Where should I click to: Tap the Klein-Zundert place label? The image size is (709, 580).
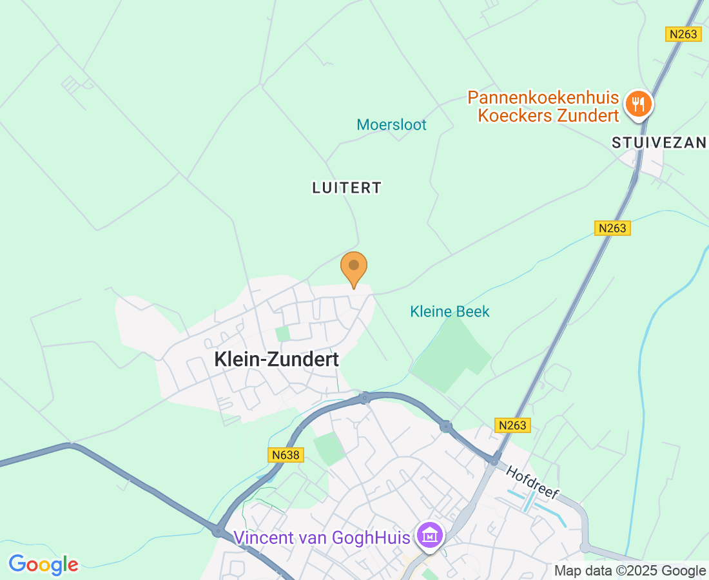click(x=277, y=360)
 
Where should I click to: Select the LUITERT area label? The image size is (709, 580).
click(x=347, y=188)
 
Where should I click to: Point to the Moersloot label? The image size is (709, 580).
click(x=392, y=125)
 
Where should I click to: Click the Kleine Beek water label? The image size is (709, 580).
click(x=450, y=312)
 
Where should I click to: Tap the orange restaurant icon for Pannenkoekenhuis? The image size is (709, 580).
click(x=639, y=103)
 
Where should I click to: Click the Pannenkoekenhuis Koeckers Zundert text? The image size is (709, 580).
click(x=543, y=107)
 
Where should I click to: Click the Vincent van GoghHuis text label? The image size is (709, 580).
click(x=322, y=537)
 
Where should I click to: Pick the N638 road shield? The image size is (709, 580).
click(x=286, y=455)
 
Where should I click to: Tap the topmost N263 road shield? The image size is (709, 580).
click(x=683, y=34)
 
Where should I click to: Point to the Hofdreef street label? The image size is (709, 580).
click(x=532, y=483)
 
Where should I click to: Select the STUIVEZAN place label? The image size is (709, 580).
click(x=659, y=143)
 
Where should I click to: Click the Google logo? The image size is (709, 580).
click(x=44, y=565)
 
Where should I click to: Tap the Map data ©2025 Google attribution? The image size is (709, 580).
click(x=630, y=570)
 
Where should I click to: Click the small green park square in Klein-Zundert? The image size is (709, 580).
click(x=282, y=334)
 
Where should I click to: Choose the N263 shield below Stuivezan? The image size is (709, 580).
click(x=612, y=228)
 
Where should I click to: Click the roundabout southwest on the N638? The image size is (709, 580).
click(x=219, y=531)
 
